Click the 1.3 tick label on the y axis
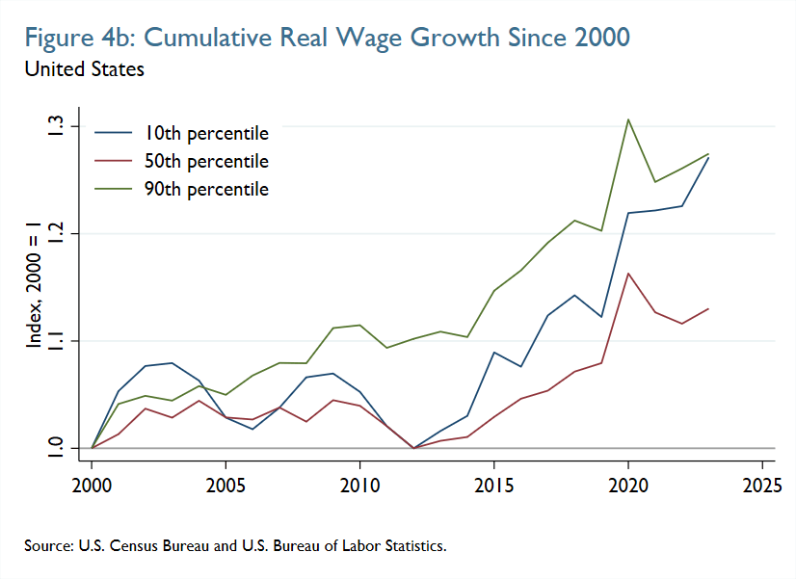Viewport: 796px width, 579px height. (57, 126)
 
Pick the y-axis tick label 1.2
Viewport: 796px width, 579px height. (57, 233)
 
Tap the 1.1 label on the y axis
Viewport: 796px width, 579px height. (57, 341)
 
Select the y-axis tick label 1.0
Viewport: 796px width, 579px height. (57, 448)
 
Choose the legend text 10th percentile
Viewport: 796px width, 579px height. (206, 133)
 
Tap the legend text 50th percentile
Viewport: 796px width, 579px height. (206, 161)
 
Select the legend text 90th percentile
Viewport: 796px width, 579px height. (206, 189)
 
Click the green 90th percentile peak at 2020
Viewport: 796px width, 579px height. (628, 119)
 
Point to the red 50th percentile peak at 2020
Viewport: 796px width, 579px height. (628, 274)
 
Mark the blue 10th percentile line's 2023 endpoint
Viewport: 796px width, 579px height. (708, 157)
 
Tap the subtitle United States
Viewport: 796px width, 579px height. (85, 69)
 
